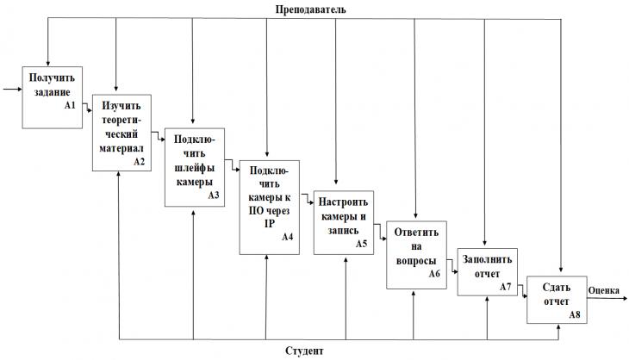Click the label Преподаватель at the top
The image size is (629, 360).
(x=310, y=9)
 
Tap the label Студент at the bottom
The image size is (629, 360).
(x=304, y=351)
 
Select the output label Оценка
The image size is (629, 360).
(x=604, y=290)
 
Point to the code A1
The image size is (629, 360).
(x=70, y=105)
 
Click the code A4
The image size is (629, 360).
(x=287, y=237)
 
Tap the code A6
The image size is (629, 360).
(x=434, y=273)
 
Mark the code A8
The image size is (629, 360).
(x=575, y=314)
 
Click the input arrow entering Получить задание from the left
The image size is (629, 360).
(x=12, y=89)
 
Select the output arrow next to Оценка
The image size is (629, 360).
(x=607, y=298)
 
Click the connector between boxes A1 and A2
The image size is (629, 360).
(x=87, y=107)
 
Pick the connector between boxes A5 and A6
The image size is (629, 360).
(x=380, y=232)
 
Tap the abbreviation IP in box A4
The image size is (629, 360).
(x=270, y=224)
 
